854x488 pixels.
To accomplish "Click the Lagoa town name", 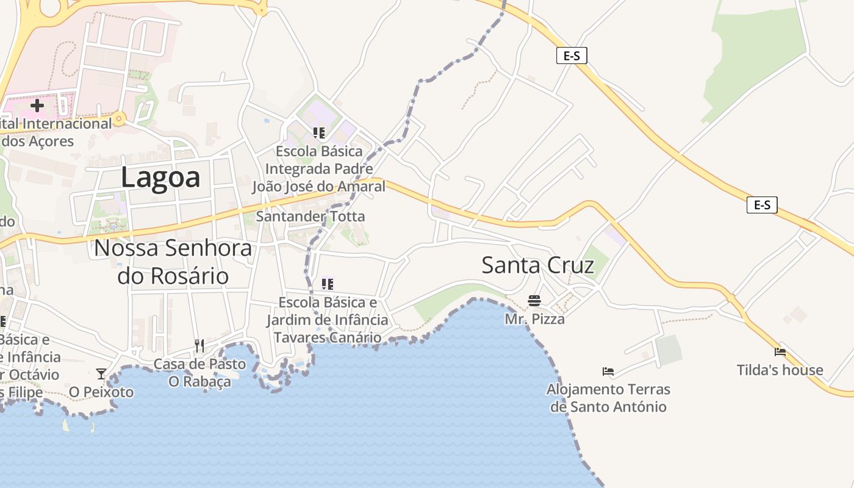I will click(x=160, y=178).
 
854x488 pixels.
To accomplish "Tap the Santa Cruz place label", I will click(x=537, y=265).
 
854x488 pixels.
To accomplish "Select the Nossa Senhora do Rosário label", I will click(x=173, y=262).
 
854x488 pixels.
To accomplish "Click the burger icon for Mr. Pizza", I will click(x=534, y=301).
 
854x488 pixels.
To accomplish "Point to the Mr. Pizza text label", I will click(x=534, y=318).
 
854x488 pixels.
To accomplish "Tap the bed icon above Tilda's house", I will click(x=780, y=352).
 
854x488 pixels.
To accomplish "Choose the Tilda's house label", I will click(x=780, y=370).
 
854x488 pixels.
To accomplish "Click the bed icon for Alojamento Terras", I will click(x=608, y=371).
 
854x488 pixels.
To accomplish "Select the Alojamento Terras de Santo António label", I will click(x=608, y=398).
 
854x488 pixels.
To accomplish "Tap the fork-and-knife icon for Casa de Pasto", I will click(x=199, y=346).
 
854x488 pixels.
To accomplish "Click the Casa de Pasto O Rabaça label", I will click(x=199, y=373).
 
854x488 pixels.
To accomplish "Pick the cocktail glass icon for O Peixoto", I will click(x=101, y=373).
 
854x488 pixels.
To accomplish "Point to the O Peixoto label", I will click(x=101, y=392).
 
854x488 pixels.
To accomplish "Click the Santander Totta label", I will click(x=310, y=216).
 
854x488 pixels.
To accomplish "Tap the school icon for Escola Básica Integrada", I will click(x=318, y=132).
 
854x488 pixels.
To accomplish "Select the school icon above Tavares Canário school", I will click(x=328, y=284).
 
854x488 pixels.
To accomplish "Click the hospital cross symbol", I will click(x=37, y=106).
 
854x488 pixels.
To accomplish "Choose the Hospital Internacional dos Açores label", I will click(x=55, y=132).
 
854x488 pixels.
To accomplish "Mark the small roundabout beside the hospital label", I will click(x=119, y=118).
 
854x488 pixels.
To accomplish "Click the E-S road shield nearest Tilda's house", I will click(x=762, y=205).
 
